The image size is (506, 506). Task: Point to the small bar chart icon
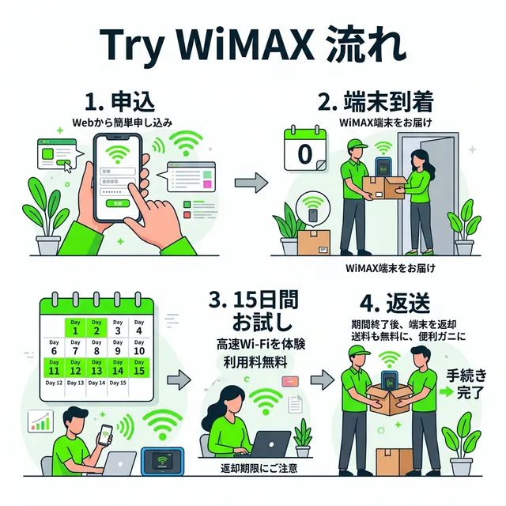point(40,420)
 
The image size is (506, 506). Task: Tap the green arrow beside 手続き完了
point(444,391)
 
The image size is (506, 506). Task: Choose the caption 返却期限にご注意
point(259,470)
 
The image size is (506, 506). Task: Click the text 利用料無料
point(252,361)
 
